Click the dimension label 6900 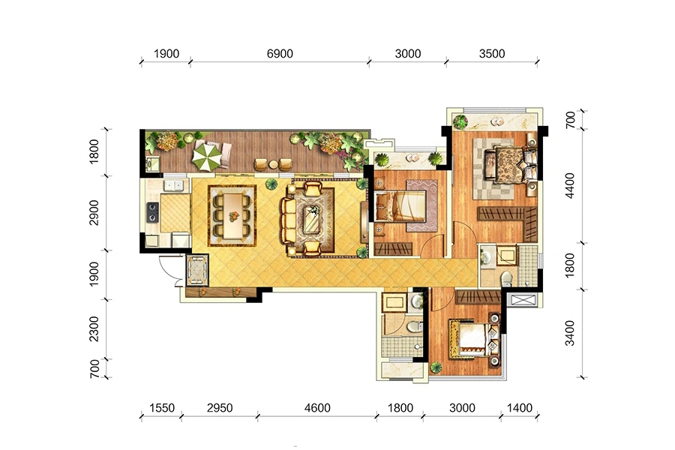click(x=280, y=54)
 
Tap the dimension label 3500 click(x=492, y=54)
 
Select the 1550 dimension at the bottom click(x=162, y=408)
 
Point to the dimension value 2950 click(x=220, y=408)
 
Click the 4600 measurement click(x=317, y=408)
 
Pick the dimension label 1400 click(x=520, y=408)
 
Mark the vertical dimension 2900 click(x=94, y=213)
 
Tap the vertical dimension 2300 click(x=94, y=329)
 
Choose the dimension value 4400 click(x=569, y=185)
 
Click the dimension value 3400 click(x=569, y=333)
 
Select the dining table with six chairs click(x=232, y=215)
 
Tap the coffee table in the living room click(x=313, y=219)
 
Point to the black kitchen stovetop click(x=152, y=212)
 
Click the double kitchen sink click(x=173, y=185)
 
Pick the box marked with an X click(x=521, y=300)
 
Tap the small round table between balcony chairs click(x=273, y=164)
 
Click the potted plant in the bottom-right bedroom click(x=436, y=367)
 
